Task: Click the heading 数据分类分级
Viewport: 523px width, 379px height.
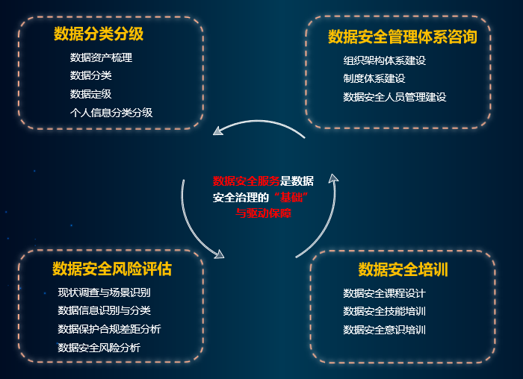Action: (x=99, y=34)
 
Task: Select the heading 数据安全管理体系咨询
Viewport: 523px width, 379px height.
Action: (x=403, y=37)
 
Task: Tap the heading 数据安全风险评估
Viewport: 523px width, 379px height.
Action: (x=112, y=269)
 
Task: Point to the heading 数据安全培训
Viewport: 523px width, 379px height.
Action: (x=403, y=269)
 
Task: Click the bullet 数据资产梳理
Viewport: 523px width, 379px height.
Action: (x=101, y=57)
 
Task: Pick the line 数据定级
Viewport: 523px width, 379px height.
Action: (x=90, y=94)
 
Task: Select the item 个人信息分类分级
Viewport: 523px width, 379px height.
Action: (x=111, y=113)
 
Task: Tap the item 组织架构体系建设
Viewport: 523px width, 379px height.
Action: (x=385, y=60)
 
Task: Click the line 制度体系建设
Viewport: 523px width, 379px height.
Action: (x=374, y=78)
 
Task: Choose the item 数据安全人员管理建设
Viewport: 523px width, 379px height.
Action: (x=395, y=97)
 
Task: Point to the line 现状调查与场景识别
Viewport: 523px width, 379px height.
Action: (x=104, y=292)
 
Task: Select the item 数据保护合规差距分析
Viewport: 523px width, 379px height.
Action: (x=109, y=329)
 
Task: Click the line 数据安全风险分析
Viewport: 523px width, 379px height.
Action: (x=99, y=348)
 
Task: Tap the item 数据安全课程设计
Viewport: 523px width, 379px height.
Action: (x=385, y=293)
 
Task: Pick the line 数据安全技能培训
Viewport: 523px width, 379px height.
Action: (x=385, y=311)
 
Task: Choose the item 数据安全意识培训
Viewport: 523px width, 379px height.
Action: (x=385, y=330)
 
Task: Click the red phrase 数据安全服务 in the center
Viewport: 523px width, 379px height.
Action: (x=247, y=181)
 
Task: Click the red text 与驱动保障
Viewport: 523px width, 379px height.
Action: (x=264, y=213)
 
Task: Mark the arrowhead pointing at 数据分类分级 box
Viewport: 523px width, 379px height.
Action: (x=218, y=131)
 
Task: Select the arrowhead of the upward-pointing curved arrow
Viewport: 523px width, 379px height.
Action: (x=333, y=178)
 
